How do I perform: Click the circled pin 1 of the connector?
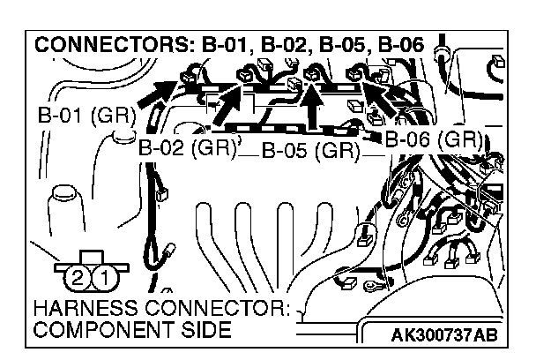(x=103, y=278)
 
